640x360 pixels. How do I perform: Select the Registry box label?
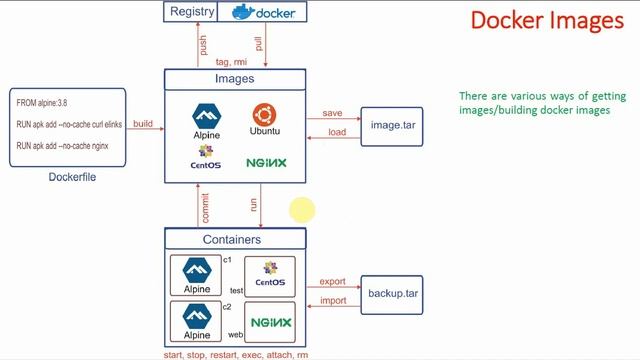pyautogui.click(x=193, y=11)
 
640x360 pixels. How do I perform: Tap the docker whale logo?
pyautogui.click(x=243, y=12)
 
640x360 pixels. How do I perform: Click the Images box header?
pyautogui.click(x=235, y=78)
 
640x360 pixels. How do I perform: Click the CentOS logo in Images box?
pyautogui.click(x=206, y=157)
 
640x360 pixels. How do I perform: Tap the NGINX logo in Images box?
pyautogui.click(x=266, y=162)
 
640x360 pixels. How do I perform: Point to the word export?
pyautogui.click(x=332, y=282)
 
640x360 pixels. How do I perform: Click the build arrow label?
pyautogui.click(x=143, y=124)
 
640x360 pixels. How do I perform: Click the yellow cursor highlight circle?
pyautogui.click(x=303, y=210)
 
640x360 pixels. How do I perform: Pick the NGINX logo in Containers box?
pyautogui.click(x=271, y=322)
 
